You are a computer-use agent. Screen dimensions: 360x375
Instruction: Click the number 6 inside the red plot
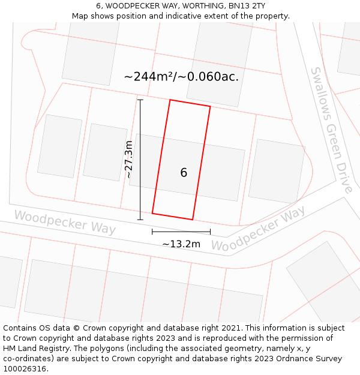pyautogui.click(x=184, y=173)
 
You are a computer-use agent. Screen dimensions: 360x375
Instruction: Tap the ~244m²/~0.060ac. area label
pyautogui.click(x=181, y=76)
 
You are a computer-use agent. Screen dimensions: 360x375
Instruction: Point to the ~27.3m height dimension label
pyautogui.click(x=128, y=159)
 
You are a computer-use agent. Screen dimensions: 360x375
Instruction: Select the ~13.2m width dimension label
pyautogui.click(x=181, y=244)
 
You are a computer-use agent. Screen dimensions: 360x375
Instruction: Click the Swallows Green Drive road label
pyautogui.click(x=331, y=130)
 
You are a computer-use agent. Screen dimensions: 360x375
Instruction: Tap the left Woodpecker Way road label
pyautogui.click(x=65, y=222)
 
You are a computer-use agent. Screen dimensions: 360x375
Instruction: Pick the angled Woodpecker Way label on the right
pyautogui.click(x=259, y=229)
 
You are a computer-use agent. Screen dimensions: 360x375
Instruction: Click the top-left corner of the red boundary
pyautogui.click(x=170, y=100)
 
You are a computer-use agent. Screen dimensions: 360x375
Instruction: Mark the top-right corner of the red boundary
pyautogui.click(x=210, y=107)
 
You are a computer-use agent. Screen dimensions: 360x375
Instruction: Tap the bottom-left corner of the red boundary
pyautogui.click(x=152, y=213)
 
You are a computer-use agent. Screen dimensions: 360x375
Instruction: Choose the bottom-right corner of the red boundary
pyautogui.click(x=193, y=220)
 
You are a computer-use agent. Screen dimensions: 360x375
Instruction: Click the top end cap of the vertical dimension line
pyautogui.click(x=140, y=100)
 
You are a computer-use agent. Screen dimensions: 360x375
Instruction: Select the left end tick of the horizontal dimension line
pyautogui.click(x=152, y=232)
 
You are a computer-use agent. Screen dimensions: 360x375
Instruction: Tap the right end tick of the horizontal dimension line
pyautogui.click(x=210, y=232)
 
